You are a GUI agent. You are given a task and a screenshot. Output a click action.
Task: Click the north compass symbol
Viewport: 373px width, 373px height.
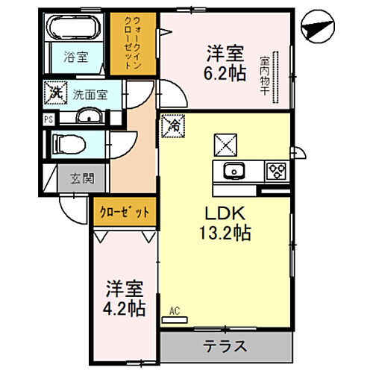click(317, 29)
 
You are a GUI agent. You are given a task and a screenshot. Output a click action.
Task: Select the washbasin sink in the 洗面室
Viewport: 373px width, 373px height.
click(88, 116)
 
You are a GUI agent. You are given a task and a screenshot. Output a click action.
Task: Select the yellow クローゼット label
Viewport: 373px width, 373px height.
click(125, 212)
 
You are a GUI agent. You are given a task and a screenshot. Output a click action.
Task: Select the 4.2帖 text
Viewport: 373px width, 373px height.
click(125, 307)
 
